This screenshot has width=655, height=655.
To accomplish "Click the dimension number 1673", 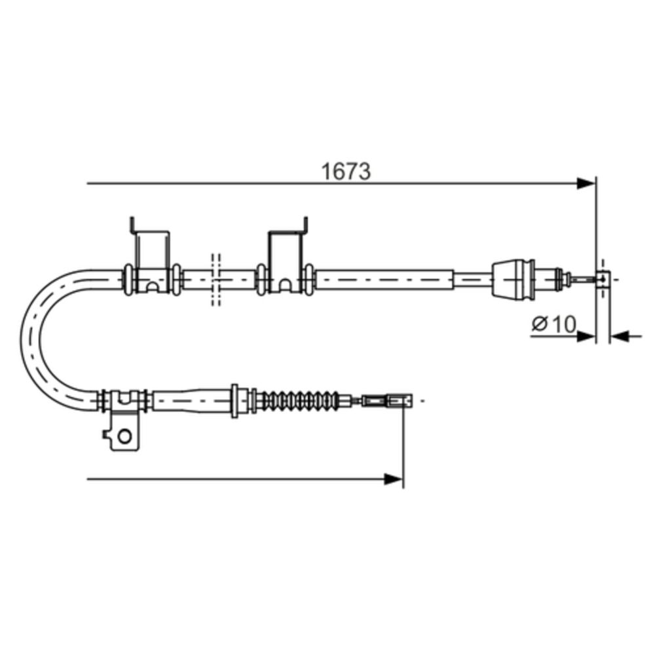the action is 345,172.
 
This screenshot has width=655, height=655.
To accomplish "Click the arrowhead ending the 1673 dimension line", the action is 585,183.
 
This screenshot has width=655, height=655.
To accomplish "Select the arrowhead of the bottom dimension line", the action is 394,479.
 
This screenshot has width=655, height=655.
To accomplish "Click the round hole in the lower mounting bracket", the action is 124,436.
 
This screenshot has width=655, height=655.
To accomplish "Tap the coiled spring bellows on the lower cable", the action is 297,401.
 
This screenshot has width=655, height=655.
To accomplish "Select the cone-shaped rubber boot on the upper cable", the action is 514,280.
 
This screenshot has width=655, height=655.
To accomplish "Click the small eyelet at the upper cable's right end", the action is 603,278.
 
